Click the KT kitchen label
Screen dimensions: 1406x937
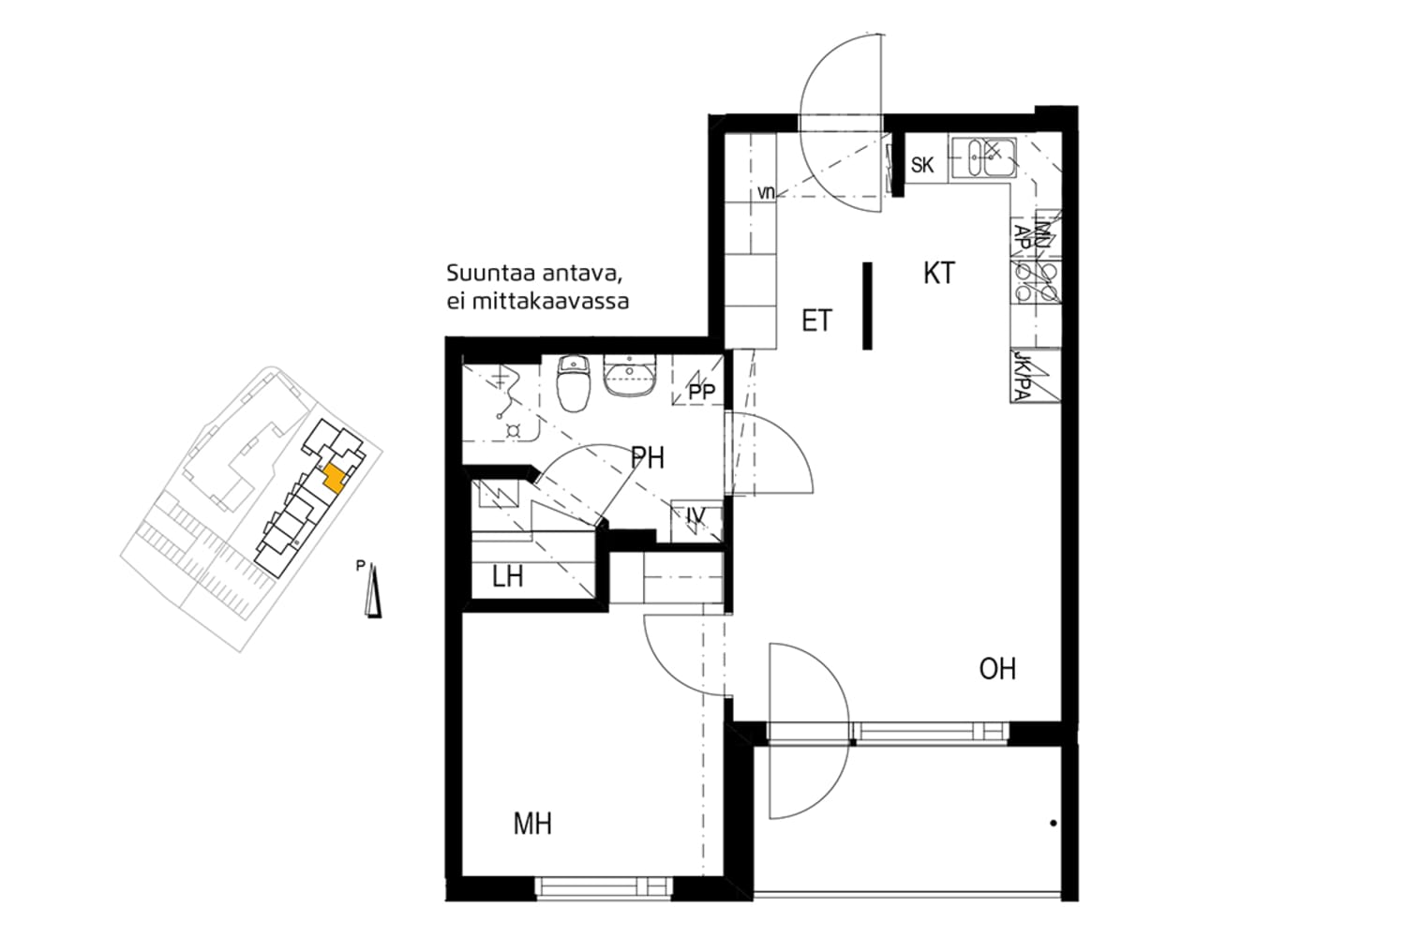click(938, 273)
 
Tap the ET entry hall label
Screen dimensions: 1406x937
click(816, 321)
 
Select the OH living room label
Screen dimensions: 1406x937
click(997, 669)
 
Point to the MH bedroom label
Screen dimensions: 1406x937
click(532, 824)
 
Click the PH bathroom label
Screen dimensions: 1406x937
click(648, 458)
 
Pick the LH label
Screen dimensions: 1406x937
click(507, 576)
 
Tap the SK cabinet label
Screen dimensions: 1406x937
click(922, 166)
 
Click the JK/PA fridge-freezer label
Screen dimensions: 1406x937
click(1023, 377)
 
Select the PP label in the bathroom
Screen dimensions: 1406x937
click(701, 393)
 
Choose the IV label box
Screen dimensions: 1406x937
click(696, 516)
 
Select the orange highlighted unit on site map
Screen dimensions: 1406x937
click(333, 479)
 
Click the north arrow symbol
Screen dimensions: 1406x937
click(374, 593)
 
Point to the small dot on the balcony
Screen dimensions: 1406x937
click(1054, 824)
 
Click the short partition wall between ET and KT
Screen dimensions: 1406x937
click(868, 305)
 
